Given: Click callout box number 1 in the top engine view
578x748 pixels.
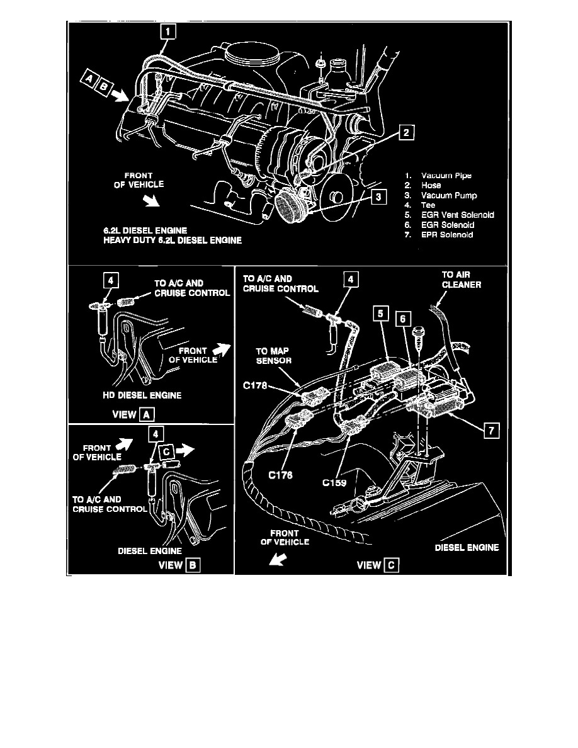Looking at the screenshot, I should point(168,30).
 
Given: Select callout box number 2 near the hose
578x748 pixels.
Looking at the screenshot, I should point(407,132).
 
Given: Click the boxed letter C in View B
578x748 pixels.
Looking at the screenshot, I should point(166,451).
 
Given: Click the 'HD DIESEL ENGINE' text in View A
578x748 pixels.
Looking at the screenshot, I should point(142,395).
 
